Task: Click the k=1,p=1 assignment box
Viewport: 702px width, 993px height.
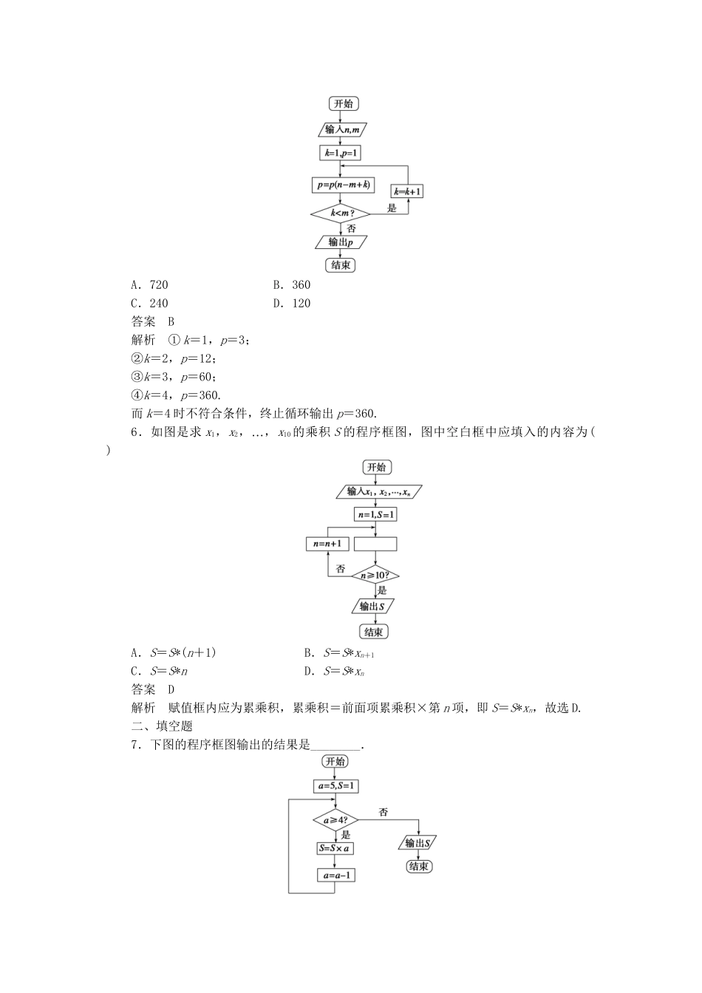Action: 339,153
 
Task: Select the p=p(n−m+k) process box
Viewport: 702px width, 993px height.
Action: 339,185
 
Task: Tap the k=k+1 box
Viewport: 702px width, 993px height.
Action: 407,191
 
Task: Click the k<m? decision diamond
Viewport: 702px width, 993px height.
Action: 339,214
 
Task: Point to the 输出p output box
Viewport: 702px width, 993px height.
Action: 340,242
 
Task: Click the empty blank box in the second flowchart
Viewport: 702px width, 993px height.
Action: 375,544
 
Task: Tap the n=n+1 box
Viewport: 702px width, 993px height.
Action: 327,544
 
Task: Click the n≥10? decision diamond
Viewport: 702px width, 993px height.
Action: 375,575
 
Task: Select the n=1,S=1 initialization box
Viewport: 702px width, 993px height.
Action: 375,514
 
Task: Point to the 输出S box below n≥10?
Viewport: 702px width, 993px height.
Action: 373,606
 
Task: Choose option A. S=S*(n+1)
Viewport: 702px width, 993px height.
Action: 174,652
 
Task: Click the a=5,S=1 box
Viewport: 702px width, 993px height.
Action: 335,786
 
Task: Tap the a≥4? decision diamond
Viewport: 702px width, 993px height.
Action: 335,819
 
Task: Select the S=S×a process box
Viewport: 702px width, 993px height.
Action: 335,848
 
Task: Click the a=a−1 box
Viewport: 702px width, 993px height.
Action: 335,876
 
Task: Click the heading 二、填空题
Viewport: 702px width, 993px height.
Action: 162,726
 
